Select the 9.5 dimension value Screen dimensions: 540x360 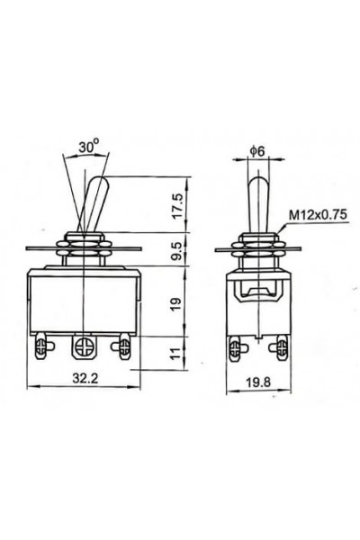pos(182,247)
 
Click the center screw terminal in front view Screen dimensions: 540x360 pos(86,346)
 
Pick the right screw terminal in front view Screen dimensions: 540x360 pos(124,345)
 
